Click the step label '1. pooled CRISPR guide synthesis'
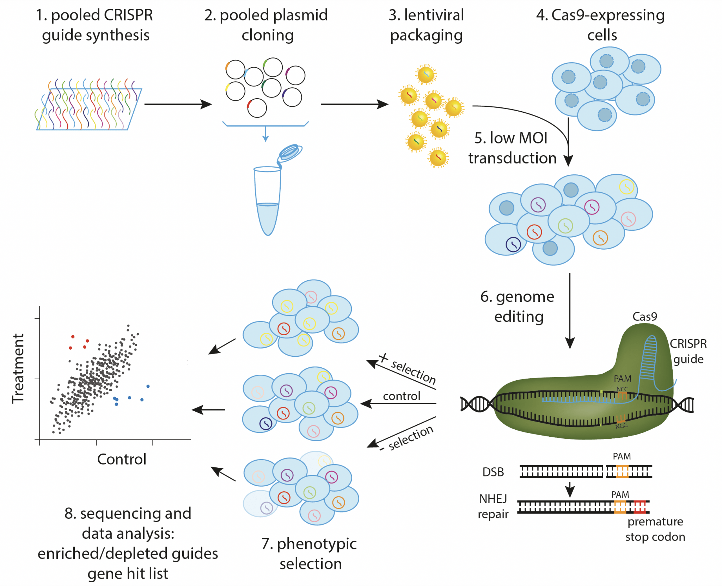coord(94,25)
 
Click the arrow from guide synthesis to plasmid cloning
coord(178,104)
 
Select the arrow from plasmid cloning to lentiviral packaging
coord(354,104)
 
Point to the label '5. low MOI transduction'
coord(512,148)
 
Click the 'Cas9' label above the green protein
coord(644,317)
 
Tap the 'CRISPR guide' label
coord(688,351)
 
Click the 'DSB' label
coord(493,472)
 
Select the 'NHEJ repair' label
coord(493,506)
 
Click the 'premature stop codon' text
coord(655,529)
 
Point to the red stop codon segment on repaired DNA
coord(640,507)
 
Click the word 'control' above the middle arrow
coord(402,396)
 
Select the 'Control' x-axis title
coord(122,459)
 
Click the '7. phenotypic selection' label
coord(309,554)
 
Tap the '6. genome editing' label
coord(518,306)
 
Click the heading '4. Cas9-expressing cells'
coord(601,25)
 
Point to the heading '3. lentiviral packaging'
coord(426,25)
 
